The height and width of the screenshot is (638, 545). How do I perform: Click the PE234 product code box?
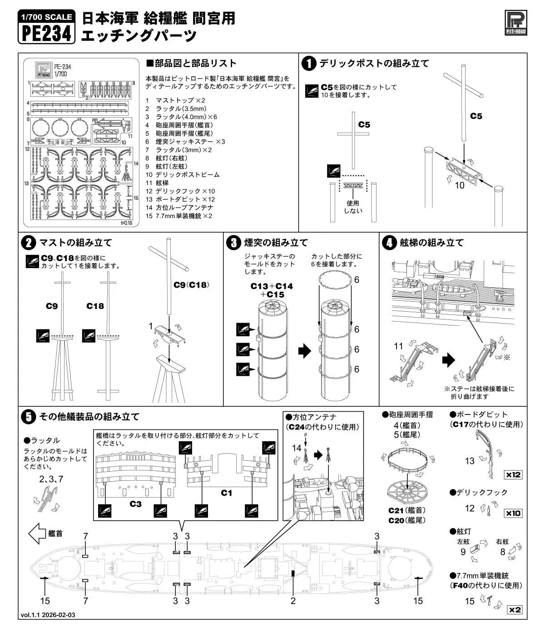(47, 27)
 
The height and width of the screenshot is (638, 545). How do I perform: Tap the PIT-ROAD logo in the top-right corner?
(515, 23)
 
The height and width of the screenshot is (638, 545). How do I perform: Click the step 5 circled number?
(28, 417)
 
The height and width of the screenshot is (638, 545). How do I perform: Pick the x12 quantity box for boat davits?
(513, 475)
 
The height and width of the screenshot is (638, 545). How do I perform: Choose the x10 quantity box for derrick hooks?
(513, 513)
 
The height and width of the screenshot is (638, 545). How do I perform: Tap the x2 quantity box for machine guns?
(515, 610)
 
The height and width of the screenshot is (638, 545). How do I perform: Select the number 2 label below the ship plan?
(293, 601)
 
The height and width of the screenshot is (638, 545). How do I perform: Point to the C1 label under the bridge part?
(226, 493)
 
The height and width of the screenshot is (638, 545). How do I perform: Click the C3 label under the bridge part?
(135, 504)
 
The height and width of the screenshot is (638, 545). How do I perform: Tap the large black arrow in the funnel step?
(305, 351)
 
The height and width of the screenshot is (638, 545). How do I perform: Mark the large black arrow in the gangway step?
(449, 360)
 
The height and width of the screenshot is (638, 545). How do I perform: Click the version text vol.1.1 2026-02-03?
(48, 623)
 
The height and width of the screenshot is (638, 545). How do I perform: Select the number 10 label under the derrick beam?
(460, 185)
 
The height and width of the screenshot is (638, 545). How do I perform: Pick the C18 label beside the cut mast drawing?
(95, 306)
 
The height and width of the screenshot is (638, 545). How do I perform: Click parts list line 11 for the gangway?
(157, 183)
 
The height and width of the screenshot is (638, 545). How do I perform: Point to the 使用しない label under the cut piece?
(353, 207)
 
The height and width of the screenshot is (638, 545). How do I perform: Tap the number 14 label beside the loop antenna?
(297, 448)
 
